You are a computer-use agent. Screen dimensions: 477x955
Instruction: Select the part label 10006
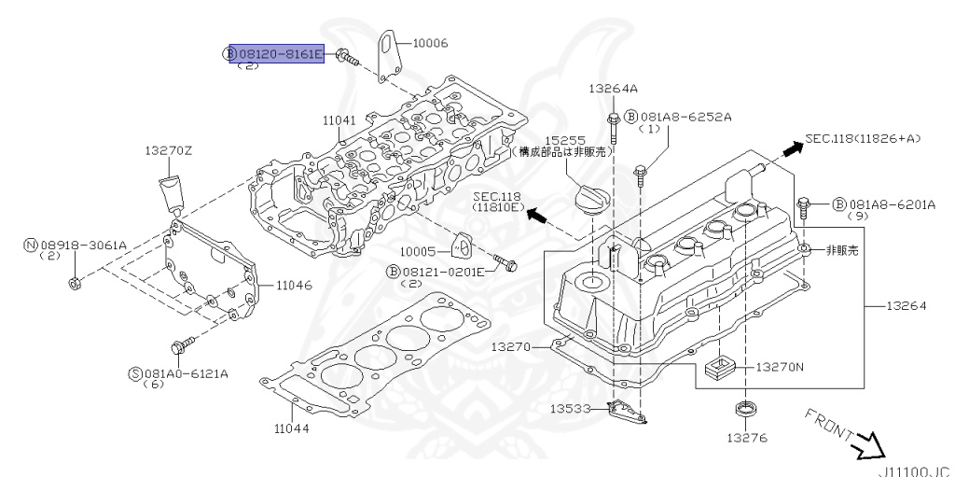pyautogui.click(x=431, y=43)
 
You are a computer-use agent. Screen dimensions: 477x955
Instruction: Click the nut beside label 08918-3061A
pyautogui.click(x=75, y=282)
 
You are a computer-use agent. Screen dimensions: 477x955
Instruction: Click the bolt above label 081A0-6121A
pyautogui.click(x=180, y=348)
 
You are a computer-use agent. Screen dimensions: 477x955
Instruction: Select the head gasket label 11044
pyautogui.click(x=292, y=429)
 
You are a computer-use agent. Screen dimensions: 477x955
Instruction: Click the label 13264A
pyautogui.click(x=613, y=89)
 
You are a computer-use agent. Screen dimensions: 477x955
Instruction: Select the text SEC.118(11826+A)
pyautogui.click(x=863, y=138)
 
